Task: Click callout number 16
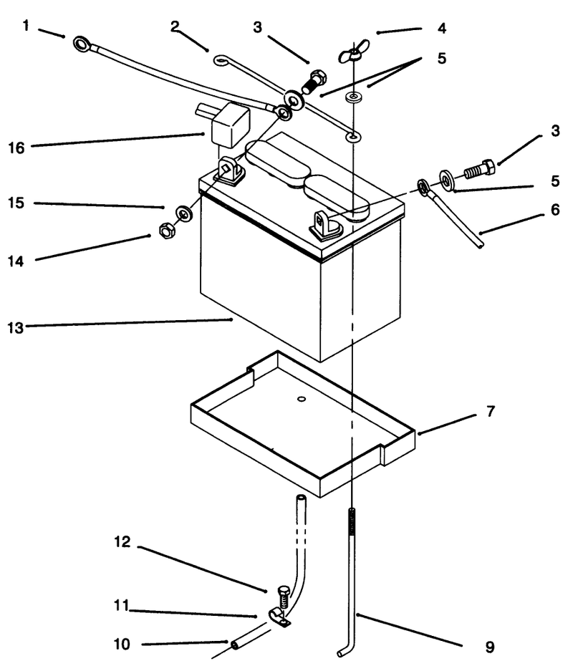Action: tap(16, 148)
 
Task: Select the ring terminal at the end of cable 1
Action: tap(82, 44)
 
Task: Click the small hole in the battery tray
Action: tap(302, 399)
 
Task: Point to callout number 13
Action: tap(16, 328)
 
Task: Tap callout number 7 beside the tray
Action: tap(491, 411)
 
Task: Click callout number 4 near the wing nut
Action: tap(442, 29)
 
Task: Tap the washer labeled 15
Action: tap(184, 213)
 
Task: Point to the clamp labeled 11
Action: tap(279, 618)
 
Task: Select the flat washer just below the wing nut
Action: tap(352, 97)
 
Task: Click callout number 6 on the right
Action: tap(555, 210)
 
